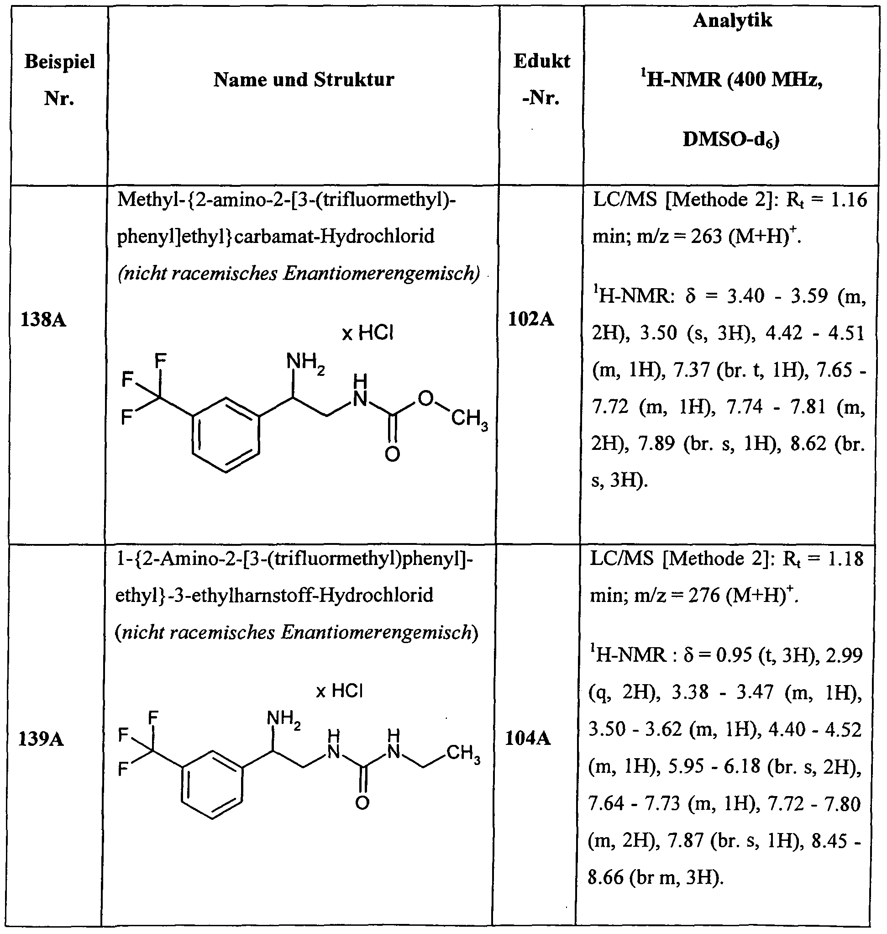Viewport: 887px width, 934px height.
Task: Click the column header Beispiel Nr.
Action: tap(59, 79)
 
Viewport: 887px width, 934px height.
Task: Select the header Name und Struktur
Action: tap(304, 79)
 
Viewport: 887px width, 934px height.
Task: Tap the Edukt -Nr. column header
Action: tap(541, 79)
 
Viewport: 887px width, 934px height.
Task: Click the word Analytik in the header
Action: tap(732, 21)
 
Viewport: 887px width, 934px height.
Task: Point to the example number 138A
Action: tap(43, 320)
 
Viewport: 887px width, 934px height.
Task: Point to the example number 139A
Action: tap(41, 739)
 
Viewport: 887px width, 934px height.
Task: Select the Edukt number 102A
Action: tap(530, 320)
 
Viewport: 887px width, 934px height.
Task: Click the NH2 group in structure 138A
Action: tap(305, 363)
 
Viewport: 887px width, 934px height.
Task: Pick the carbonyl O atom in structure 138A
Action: tap(392, 454)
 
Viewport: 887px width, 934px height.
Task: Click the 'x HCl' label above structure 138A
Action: tap(367, 333)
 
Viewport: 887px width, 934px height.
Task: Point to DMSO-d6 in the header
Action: tap(731, 140)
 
